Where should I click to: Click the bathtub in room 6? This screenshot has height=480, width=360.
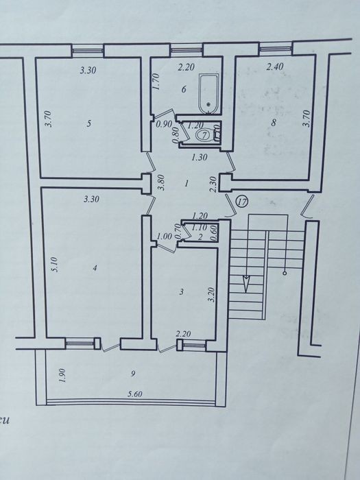pos(209,93)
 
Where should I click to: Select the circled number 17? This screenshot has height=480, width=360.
pos(243,202)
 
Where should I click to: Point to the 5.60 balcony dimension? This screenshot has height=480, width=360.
pos(135,394)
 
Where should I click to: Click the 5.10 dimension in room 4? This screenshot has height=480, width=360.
pos(55,265)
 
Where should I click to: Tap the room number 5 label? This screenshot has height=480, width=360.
pos(88,123)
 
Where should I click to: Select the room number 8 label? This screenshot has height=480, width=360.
pos(274,123)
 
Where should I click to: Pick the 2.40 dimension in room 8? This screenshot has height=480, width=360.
pos(274,67)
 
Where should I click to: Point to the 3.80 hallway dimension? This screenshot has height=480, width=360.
pos(162,182)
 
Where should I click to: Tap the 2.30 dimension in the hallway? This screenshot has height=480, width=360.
pos(214,184)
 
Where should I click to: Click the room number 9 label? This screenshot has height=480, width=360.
pos(133,374)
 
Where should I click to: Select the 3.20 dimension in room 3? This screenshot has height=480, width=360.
pos(211,294)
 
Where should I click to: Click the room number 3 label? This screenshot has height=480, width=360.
pos(182,291)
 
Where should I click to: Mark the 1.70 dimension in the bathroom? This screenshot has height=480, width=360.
pos(156,81)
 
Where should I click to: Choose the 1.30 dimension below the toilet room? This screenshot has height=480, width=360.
pos(200,157)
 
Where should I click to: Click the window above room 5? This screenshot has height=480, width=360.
pos(88,51)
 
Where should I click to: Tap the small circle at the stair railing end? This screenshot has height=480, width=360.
pos(285,273)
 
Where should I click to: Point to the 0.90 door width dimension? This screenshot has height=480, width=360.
pos(163,125)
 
